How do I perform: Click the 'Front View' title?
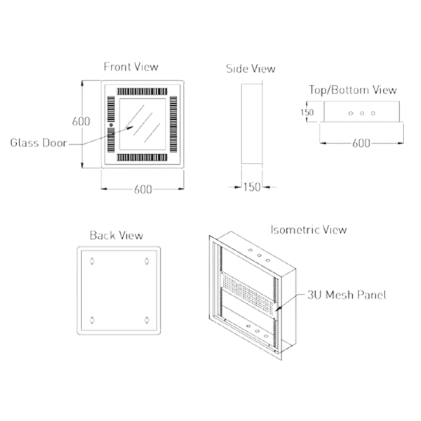[x=131, y=67]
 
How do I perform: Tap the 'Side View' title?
[x=250, y=68]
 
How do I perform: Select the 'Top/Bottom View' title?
[x=353, y=90]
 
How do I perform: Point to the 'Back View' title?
[x=117, y=235]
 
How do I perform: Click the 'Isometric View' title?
[x=309, y=229]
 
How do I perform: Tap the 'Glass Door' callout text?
[x=38, y=142]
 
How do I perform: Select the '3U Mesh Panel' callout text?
[x=346, y=295]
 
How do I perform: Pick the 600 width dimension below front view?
[x=142, y=189]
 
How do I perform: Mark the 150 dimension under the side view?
[x=251, y=187]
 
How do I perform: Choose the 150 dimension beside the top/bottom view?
[x=307, y=112]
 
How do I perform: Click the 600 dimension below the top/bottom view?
[x=361, y=142]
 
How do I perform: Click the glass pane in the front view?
[x=143, y=126]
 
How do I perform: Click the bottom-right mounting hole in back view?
[x=146, y=319]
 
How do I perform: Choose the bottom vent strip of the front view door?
[x=143, y=159]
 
